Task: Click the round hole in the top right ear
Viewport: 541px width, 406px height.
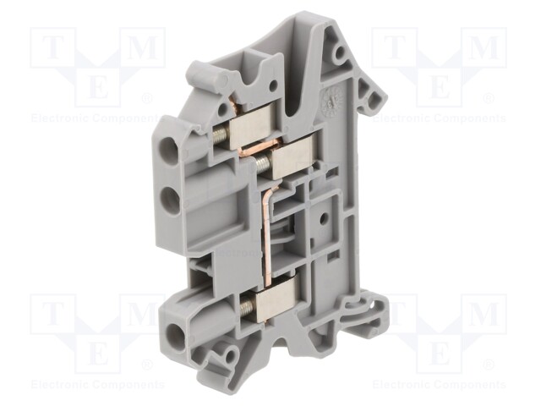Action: coord(340,55)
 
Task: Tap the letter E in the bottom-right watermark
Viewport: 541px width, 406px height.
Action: coord(439,347)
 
